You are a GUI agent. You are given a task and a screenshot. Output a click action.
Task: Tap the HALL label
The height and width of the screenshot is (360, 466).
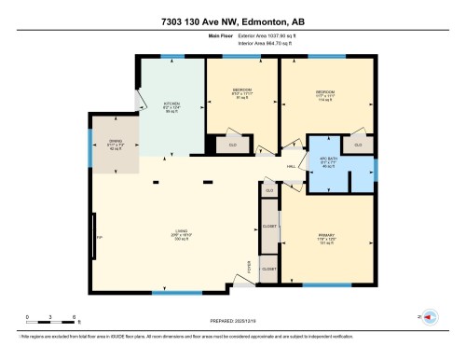pos(292,167)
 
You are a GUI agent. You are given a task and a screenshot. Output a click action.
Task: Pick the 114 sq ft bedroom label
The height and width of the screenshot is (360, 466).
pos(325,94)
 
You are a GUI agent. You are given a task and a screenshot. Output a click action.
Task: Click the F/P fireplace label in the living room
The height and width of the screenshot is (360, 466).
pos(98,238)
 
